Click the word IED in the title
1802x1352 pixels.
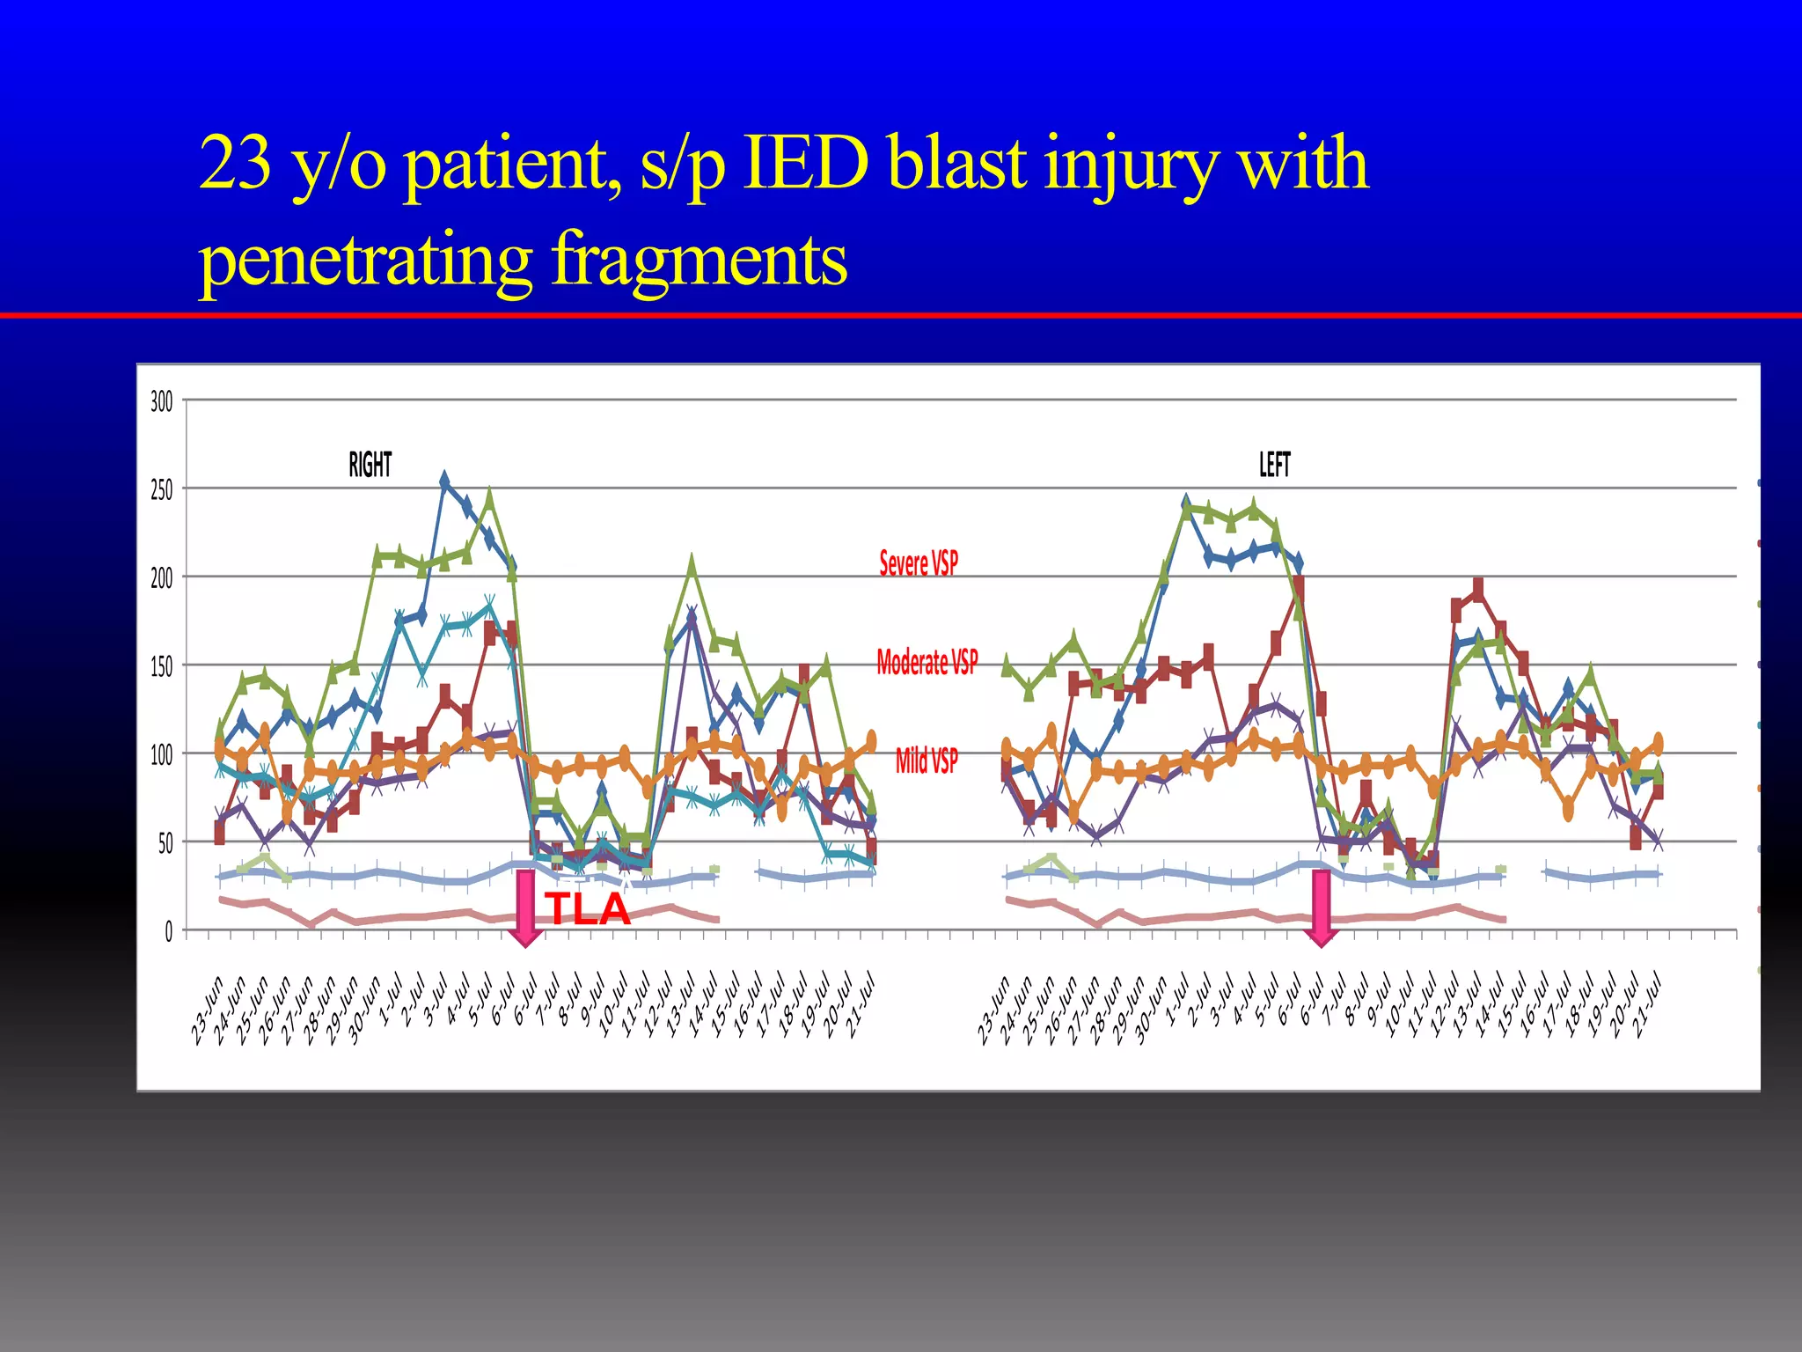pos(805,164)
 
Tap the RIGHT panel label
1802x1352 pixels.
pos(370,464)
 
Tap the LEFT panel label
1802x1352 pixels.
pos(1274,464)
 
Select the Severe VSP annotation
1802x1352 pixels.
pos(919,562)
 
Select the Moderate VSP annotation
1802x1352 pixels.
pos(927,662)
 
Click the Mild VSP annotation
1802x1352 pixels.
pos(927,760)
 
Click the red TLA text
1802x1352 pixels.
pos(587,908)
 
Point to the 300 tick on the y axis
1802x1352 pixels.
pos(162,402)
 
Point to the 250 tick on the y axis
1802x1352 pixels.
pos(162,490)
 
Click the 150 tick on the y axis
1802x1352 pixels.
pos(162,667)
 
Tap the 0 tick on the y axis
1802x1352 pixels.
pos(169,932)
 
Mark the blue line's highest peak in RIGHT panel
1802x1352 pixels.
pos(444,481)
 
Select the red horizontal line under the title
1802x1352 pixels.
pos(901,314)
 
